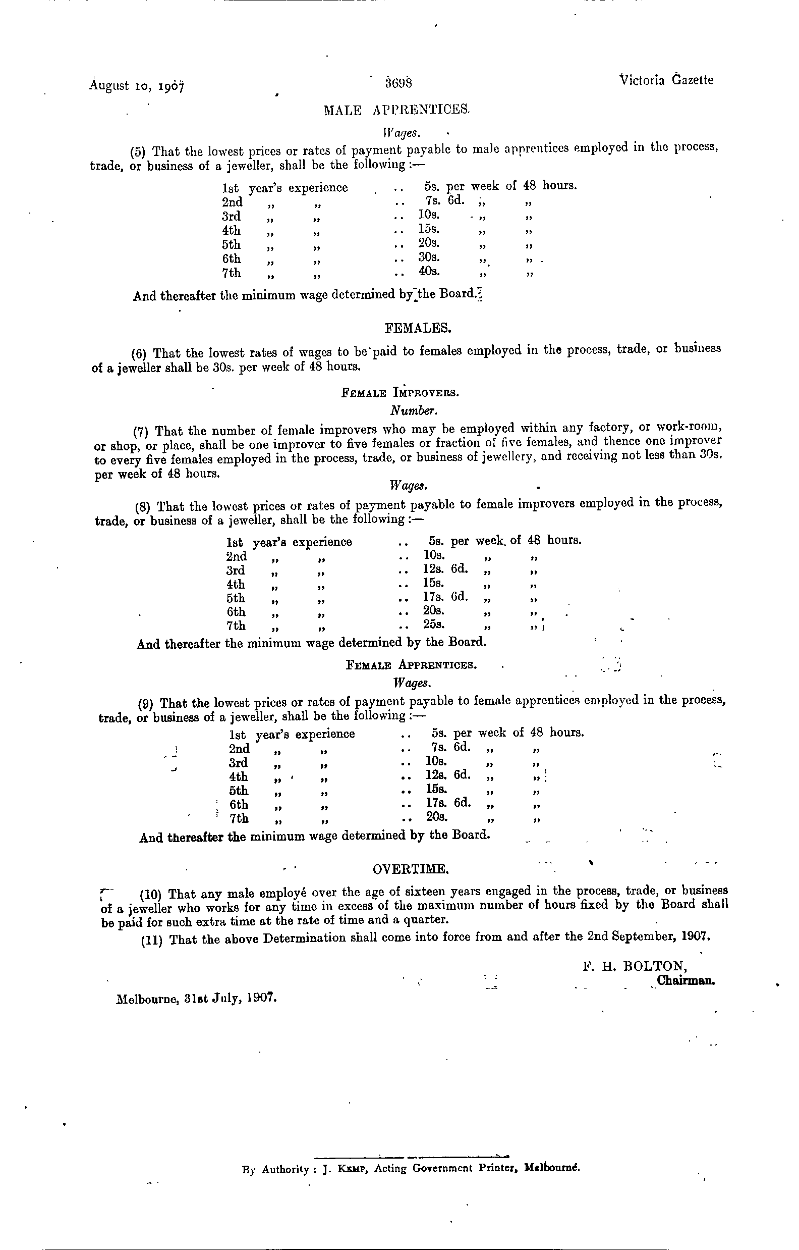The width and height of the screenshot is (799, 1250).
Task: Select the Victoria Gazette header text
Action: (x=666, y=80)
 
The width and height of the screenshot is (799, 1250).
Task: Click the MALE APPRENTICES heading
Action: (x=396, y=110)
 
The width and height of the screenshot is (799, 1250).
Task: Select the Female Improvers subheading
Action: (x=399, y=393)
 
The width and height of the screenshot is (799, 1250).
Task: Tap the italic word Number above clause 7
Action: (x=414, y=410)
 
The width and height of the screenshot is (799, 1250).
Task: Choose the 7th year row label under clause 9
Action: (x=239, y=819)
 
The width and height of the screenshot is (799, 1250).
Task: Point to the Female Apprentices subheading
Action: (x=411, y=665)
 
